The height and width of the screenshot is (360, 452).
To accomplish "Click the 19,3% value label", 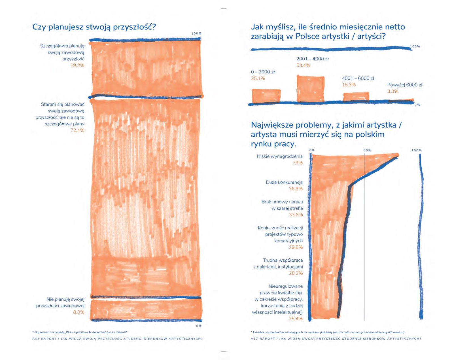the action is click(77, 65).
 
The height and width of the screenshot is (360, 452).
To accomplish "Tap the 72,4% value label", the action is click(77, 130).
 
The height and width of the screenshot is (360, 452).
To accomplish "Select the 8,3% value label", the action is click(78, 312).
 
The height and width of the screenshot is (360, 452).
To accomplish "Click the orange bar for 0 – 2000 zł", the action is click(266, 96).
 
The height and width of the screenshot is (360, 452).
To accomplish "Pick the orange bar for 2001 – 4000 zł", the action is click(310, 88).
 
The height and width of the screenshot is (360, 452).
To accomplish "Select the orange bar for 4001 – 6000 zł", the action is click(356, 97).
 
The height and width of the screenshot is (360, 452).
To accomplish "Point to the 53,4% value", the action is click(303, 65).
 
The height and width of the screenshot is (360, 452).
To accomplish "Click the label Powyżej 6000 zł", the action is click(405, 85).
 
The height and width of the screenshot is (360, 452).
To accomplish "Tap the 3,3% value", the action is click(393, 91).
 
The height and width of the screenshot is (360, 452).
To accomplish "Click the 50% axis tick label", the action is click(367, 150).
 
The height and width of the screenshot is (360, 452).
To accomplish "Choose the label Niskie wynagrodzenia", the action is click(280, 156).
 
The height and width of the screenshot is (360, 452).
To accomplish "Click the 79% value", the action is click(298, 163).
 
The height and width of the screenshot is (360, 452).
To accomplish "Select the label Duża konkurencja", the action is click(284, 182).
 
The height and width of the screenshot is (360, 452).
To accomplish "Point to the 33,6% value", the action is click(296, 215).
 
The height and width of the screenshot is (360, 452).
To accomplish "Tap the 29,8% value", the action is click(296, 247).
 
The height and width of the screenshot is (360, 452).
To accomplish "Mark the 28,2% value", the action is click(296, 273).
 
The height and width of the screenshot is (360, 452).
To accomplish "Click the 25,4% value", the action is click(296, 319).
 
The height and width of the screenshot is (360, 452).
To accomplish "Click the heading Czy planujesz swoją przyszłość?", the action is click(94, 27).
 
